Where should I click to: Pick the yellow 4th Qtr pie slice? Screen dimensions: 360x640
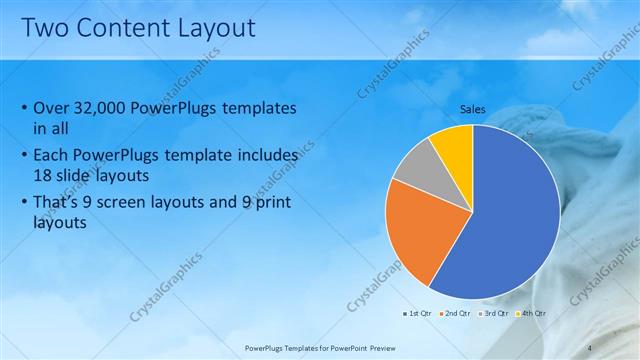pyautogui.click(x=453, y=145)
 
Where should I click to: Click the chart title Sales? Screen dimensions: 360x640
pyautogui.click(x=473, y=108)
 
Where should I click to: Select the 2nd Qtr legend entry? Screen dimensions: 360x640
pyautogui.click(x=455, y=313)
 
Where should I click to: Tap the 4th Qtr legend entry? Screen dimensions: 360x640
pyautogui.click(x=531, y=313)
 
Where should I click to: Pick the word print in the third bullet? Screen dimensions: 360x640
pyautogui.click(x=266, y=204)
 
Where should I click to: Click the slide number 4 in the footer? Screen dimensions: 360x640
pyautogui.click(x=589, y=347)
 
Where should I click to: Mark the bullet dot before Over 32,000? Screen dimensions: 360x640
pyautogui.click(x=24, y=109)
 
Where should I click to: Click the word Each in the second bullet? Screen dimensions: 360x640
pyautogui.click(x=54, y=157)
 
